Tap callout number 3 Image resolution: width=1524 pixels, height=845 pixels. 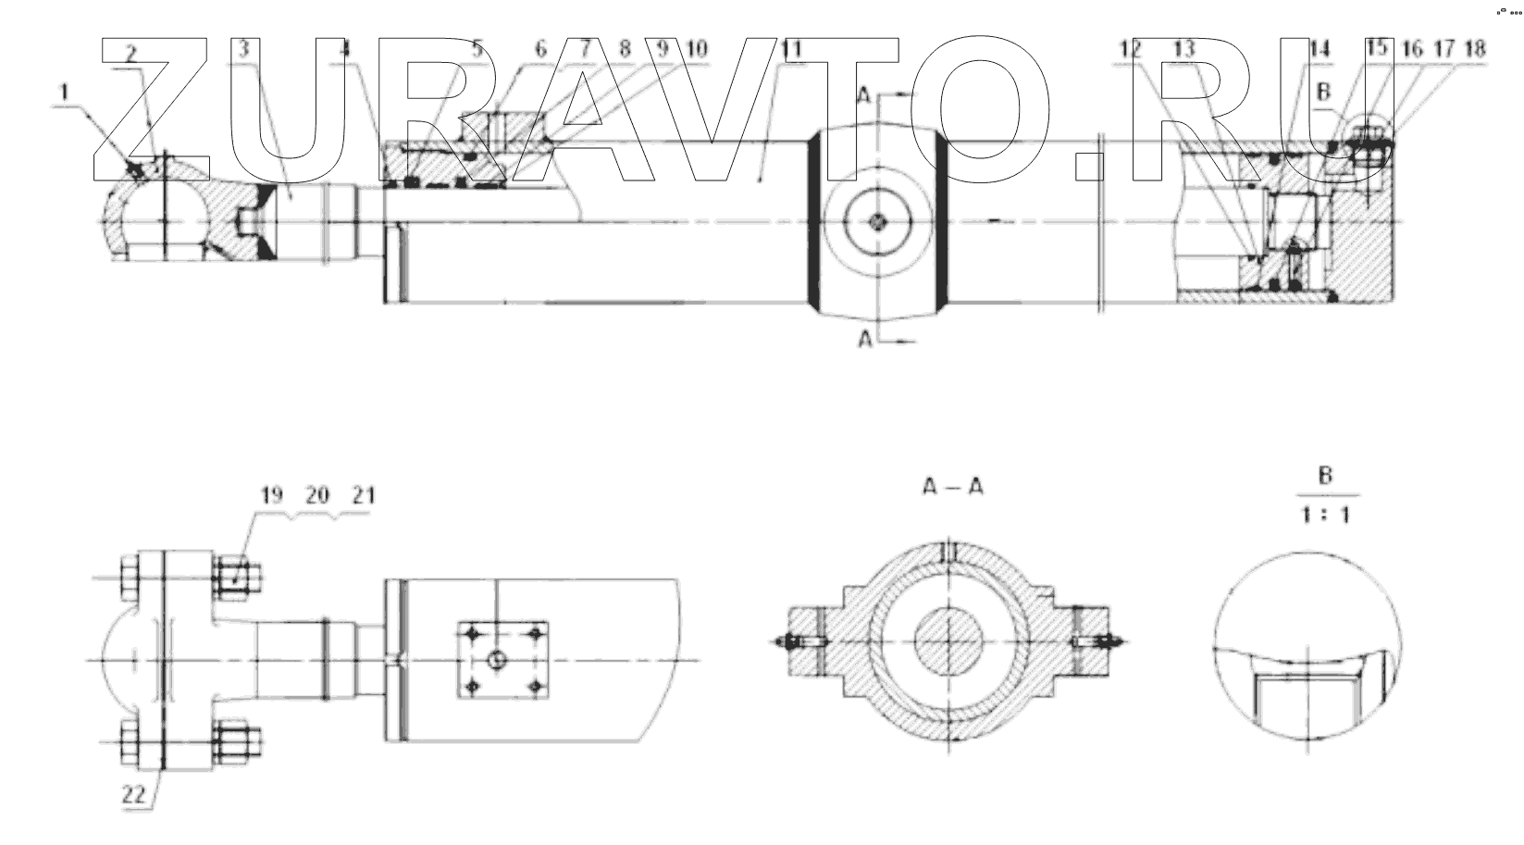(243, 49)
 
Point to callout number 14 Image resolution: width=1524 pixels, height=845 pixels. (1320, 49)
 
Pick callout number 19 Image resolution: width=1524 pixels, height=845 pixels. (270, 495)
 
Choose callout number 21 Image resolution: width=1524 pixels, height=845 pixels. (364, 495)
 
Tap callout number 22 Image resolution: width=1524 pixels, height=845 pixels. (135, 793)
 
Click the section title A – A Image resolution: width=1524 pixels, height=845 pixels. (952, 486)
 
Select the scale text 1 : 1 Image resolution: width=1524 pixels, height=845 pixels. (1325, 514)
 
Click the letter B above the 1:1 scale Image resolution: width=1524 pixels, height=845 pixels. (1325, 477)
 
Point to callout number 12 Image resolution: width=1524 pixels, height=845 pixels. (1131, 49)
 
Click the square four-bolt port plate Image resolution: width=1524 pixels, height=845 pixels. (502, 660)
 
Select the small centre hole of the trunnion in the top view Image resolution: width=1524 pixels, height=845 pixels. (877, 221)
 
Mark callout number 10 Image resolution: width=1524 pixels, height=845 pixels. (696, 49)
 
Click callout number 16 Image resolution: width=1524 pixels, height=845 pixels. (1412, 49)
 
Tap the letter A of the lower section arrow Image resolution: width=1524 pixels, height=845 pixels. (865, 341)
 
